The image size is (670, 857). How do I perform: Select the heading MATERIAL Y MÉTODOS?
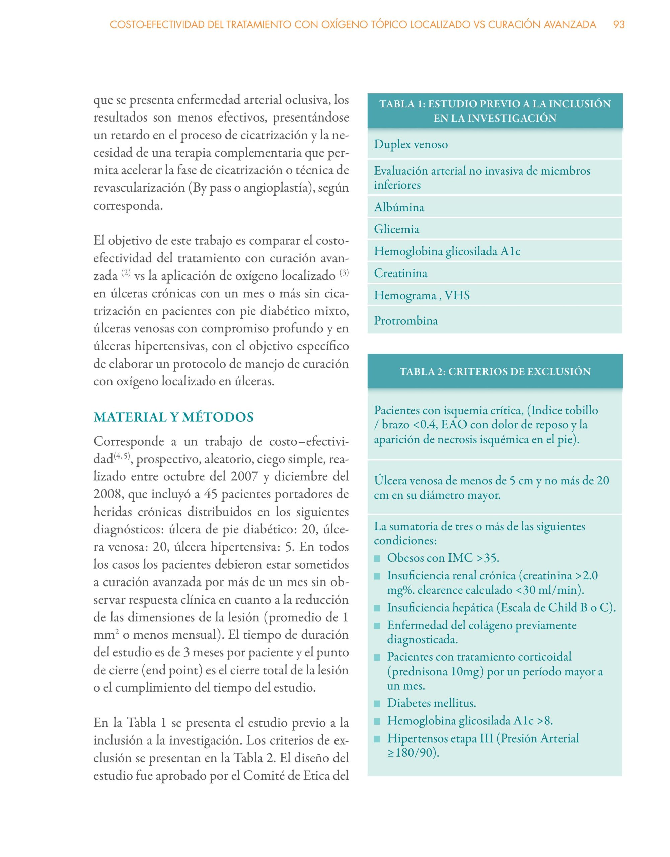[x=173, y=417]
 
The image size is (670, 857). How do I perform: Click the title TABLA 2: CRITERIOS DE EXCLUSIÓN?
[x=495, y=371]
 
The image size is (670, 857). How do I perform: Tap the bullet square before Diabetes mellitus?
[x=377, y=703]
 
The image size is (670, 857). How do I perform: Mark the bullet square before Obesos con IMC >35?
[x=377, y=558]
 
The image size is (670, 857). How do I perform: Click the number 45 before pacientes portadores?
[x=211, y=494]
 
